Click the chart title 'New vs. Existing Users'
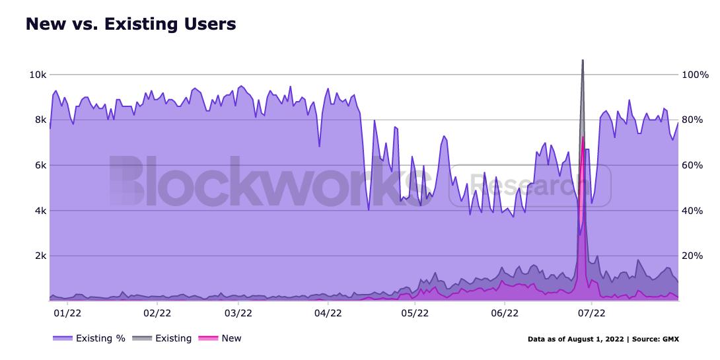click(131, 24)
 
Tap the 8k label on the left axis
click(39, 120)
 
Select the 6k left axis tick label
click(39, 165)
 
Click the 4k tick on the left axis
click(39, 211)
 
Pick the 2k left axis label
click(39, 256)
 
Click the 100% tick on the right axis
click(694, 75)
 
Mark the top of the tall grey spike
click(582, 61)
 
